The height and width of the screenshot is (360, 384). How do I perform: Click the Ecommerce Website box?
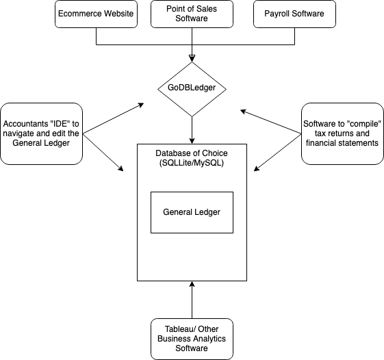tap(96, 14)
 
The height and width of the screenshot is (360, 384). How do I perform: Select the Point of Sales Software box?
tap(192, 14)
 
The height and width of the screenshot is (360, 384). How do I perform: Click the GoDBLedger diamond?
tap(192, 88)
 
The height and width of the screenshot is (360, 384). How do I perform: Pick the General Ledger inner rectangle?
tap(192, 212)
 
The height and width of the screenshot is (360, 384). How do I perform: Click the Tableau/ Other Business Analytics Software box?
tap(192, 339)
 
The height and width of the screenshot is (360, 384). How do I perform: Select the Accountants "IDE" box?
tap(42, 133)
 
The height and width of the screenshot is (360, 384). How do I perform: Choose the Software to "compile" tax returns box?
tap(342, 133)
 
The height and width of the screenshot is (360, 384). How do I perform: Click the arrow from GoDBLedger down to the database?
tap(192, 129)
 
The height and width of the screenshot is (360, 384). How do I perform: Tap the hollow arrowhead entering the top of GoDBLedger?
tap(192, 58)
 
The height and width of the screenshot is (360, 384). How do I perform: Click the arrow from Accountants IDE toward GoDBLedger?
tap(113, 118)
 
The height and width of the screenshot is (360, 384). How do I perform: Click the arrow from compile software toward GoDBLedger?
tap(270, 118)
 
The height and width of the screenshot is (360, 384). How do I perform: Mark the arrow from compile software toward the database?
tap(279, 152)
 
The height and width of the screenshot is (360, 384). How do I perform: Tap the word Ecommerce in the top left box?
tap(77, 14)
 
